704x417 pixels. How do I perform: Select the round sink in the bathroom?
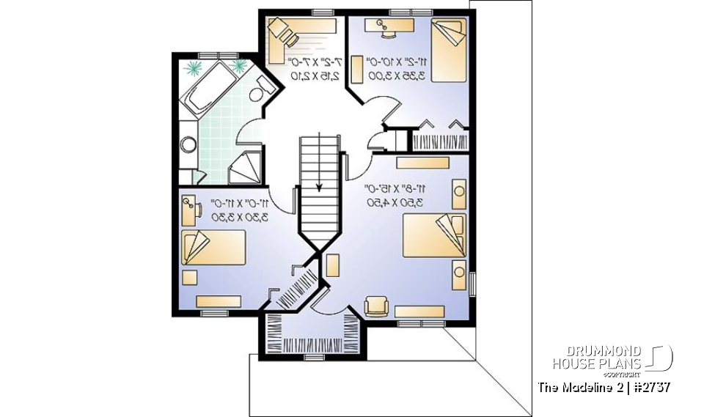pyautogui.click(x=187, y=144)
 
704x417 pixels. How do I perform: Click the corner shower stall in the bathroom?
pyautogui.click(x=246, y=169)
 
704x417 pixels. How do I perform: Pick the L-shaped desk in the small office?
pyautogui.click(x=282, y=37)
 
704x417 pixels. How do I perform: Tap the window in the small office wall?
pyautogui.click(x=322, y=12)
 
